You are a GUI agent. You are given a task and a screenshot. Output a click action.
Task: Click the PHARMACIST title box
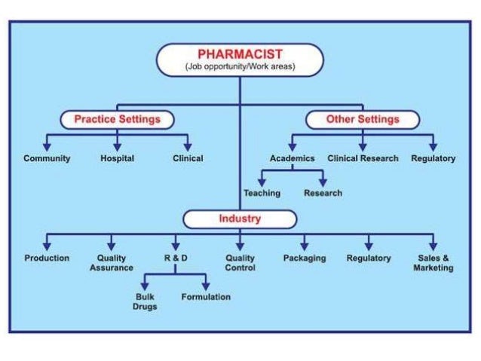click(x=240, y=60)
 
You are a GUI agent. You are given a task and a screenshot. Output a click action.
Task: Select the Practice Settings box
click(x=117, y=119)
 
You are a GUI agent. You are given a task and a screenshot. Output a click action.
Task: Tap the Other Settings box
click(x=363, y=119)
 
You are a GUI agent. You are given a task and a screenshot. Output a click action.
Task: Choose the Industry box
click(x=240, y=219)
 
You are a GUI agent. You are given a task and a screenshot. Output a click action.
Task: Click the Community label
click(x=47, y=158)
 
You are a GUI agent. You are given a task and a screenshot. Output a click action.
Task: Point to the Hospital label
click(x=117, y=158)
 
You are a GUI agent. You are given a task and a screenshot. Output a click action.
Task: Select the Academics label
click(x=292, y=158)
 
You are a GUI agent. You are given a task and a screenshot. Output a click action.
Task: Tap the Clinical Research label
click(x=363, y=158)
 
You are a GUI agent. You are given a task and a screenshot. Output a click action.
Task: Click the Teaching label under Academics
click(x=262, y=193)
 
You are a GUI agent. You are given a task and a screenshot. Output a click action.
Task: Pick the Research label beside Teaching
click(x=323, y=193)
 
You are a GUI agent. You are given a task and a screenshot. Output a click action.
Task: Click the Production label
click(x=47, y=258)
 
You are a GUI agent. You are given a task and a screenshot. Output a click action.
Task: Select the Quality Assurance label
click(x=112, y=262)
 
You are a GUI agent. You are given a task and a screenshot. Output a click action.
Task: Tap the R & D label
click(x=176, y=258)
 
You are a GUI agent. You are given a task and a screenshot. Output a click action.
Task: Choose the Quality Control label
click(x=240, y=262)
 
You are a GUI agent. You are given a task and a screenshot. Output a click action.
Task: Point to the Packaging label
click(x=305, y=258)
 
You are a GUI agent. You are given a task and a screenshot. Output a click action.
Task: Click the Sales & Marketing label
click(x=434, y=262)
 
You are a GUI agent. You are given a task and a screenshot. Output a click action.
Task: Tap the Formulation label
click(x=206, y=297)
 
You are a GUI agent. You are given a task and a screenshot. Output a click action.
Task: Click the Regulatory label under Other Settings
click(x=434, y=158)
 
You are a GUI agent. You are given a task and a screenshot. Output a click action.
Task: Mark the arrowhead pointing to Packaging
click(x=305, y=246)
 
